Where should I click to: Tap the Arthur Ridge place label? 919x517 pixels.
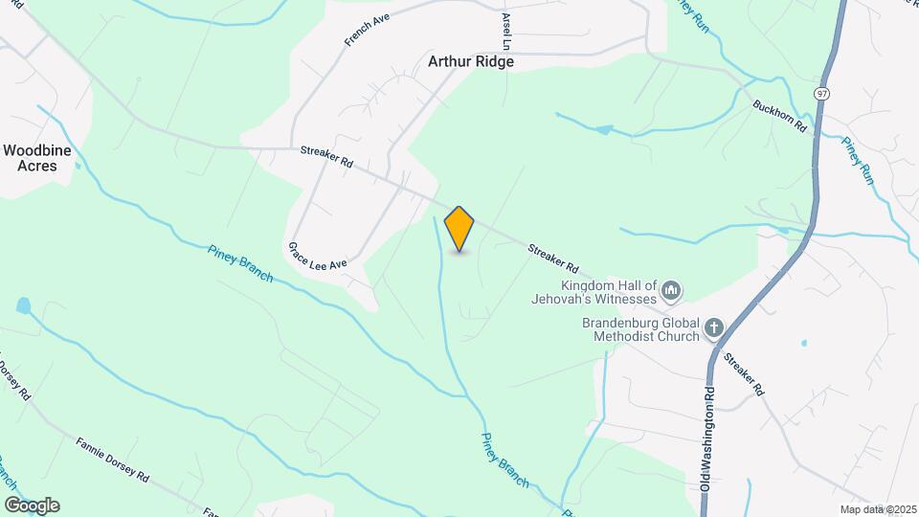[471, 61]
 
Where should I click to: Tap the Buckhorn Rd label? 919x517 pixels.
[780, 116]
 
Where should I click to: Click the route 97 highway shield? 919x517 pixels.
[822, 94]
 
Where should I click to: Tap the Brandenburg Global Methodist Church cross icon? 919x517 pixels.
[713, 329]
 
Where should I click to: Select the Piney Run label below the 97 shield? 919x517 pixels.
[858, 159]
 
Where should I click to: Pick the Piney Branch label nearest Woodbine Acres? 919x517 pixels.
[239, 263]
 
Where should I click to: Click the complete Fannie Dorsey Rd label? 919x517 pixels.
[113, 459]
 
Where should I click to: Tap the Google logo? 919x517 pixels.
[32, 506]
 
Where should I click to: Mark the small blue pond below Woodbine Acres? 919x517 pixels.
[23, 306]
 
